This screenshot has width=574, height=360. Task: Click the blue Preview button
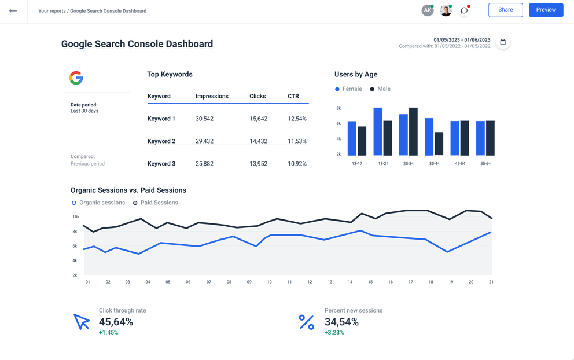pos(546,10)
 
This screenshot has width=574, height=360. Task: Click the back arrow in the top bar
pos(13,10)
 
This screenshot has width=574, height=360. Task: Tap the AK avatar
pos(427,10)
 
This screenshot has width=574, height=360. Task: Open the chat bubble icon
pos(464,10)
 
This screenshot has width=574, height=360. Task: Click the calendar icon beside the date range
pos(503,42)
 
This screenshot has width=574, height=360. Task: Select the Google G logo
pos(76,78)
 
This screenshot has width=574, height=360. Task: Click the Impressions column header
pos(212,96)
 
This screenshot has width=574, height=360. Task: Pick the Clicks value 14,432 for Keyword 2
pos(258,141)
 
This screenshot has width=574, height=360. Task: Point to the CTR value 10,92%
pos(297,164)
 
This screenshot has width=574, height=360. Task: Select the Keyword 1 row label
pos(161,119)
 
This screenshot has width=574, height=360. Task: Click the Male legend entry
pos(380,89)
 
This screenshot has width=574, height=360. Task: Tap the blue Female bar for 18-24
pos(378,131)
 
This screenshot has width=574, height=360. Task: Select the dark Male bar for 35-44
pos(439,144)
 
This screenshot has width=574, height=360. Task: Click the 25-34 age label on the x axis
pos(409,164)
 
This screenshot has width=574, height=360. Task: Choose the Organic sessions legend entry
pos(98,203)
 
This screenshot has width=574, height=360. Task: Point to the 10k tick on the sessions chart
pos(76,217)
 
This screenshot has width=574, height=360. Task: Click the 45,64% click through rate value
pos(116,322)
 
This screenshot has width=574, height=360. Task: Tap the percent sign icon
pos(306,322)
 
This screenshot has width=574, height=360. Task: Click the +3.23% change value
pos(334,333)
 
